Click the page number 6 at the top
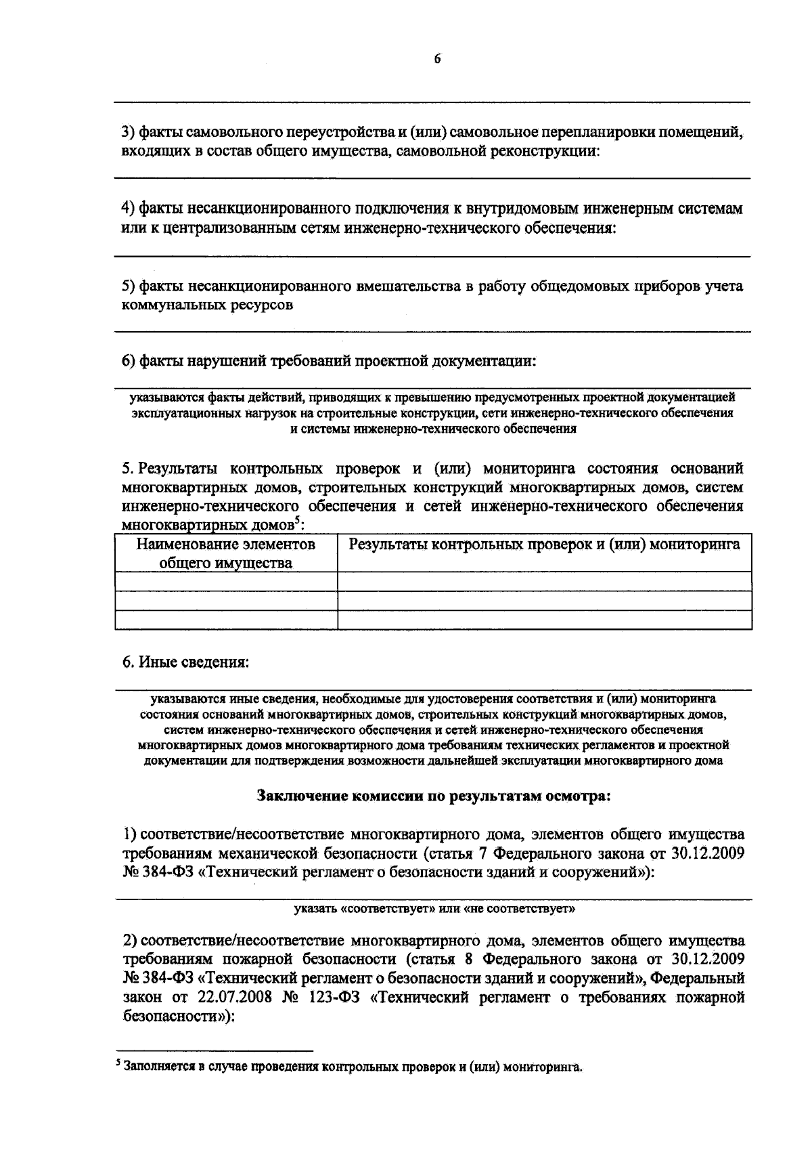(437, 60)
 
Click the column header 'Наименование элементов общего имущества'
(226, 553)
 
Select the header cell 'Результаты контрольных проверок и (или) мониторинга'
(544, 545)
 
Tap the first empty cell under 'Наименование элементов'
(226, 581)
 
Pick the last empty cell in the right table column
(544, 620)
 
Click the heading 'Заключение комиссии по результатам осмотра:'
(434, 796)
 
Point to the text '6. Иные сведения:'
(185, 662)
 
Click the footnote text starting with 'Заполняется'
(352, 1067)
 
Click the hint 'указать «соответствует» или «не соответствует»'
(434, 909)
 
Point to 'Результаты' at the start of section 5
(178, 469)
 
